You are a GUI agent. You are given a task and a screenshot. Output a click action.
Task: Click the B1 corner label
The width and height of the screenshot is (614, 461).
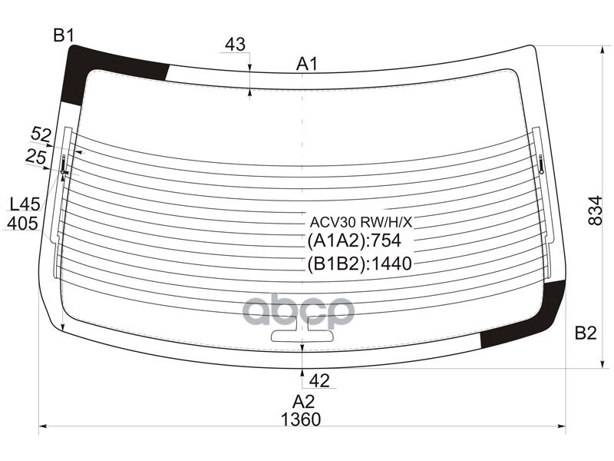coord(63,35)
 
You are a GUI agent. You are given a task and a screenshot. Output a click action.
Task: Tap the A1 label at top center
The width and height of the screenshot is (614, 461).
coord(307,64)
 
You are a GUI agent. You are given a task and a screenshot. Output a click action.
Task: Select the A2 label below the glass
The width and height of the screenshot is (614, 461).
coord(303,401)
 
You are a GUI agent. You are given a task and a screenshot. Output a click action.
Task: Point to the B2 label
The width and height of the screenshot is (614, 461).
coord(585,333)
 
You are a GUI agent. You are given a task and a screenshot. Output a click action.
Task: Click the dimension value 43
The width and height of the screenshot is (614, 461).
coord(235,45)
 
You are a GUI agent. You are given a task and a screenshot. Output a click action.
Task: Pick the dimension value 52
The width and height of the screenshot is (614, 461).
coord(41,134)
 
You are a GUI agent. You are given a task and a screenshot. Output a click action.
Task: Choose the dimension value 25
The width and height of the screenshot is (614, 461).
coord(35,157)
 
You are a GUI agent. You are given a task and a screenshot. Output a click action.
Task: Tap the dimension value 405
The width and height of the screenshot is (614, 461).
coord(22,224)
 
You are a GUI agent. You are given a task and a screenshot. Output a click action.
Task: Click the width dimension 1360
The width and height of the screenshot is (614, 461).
coord(301,420)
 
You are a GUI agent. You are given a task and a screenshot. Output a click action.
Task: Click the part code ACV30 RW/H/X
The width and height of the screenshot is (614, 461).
coord(361,222)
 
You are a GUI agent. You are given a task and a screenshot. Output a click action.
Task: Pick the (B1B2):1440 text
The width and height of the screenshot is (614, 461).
coord(360,264)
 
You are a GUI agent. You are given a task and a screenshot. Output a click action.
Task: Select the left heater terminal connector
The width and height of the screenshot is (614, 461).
coord(64,163)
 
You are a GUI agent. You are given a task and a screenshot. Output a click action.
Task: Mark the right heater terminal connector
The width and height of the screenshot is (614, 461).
coord(541,163)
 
